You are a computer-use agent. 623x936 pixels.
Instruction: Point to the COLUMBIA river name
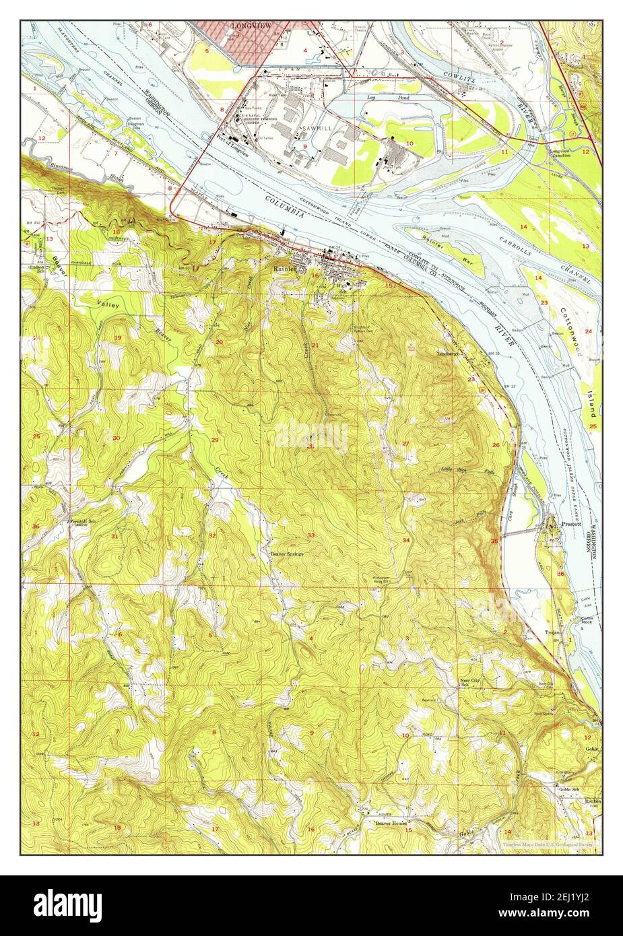coord(286,208)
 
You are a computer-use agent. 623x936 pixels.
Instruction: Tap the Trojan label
coord(553,633)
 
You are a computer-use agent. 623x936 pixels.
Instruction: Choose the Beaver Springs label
coord(288,554)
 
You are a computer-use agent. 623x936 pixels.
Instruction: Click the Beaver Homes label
coord(391,823)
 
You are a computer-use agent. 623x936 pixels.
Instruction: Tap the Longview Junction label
coord(563,154)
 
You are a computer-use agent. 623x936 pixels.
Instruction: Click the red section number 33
coord(310,535)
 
